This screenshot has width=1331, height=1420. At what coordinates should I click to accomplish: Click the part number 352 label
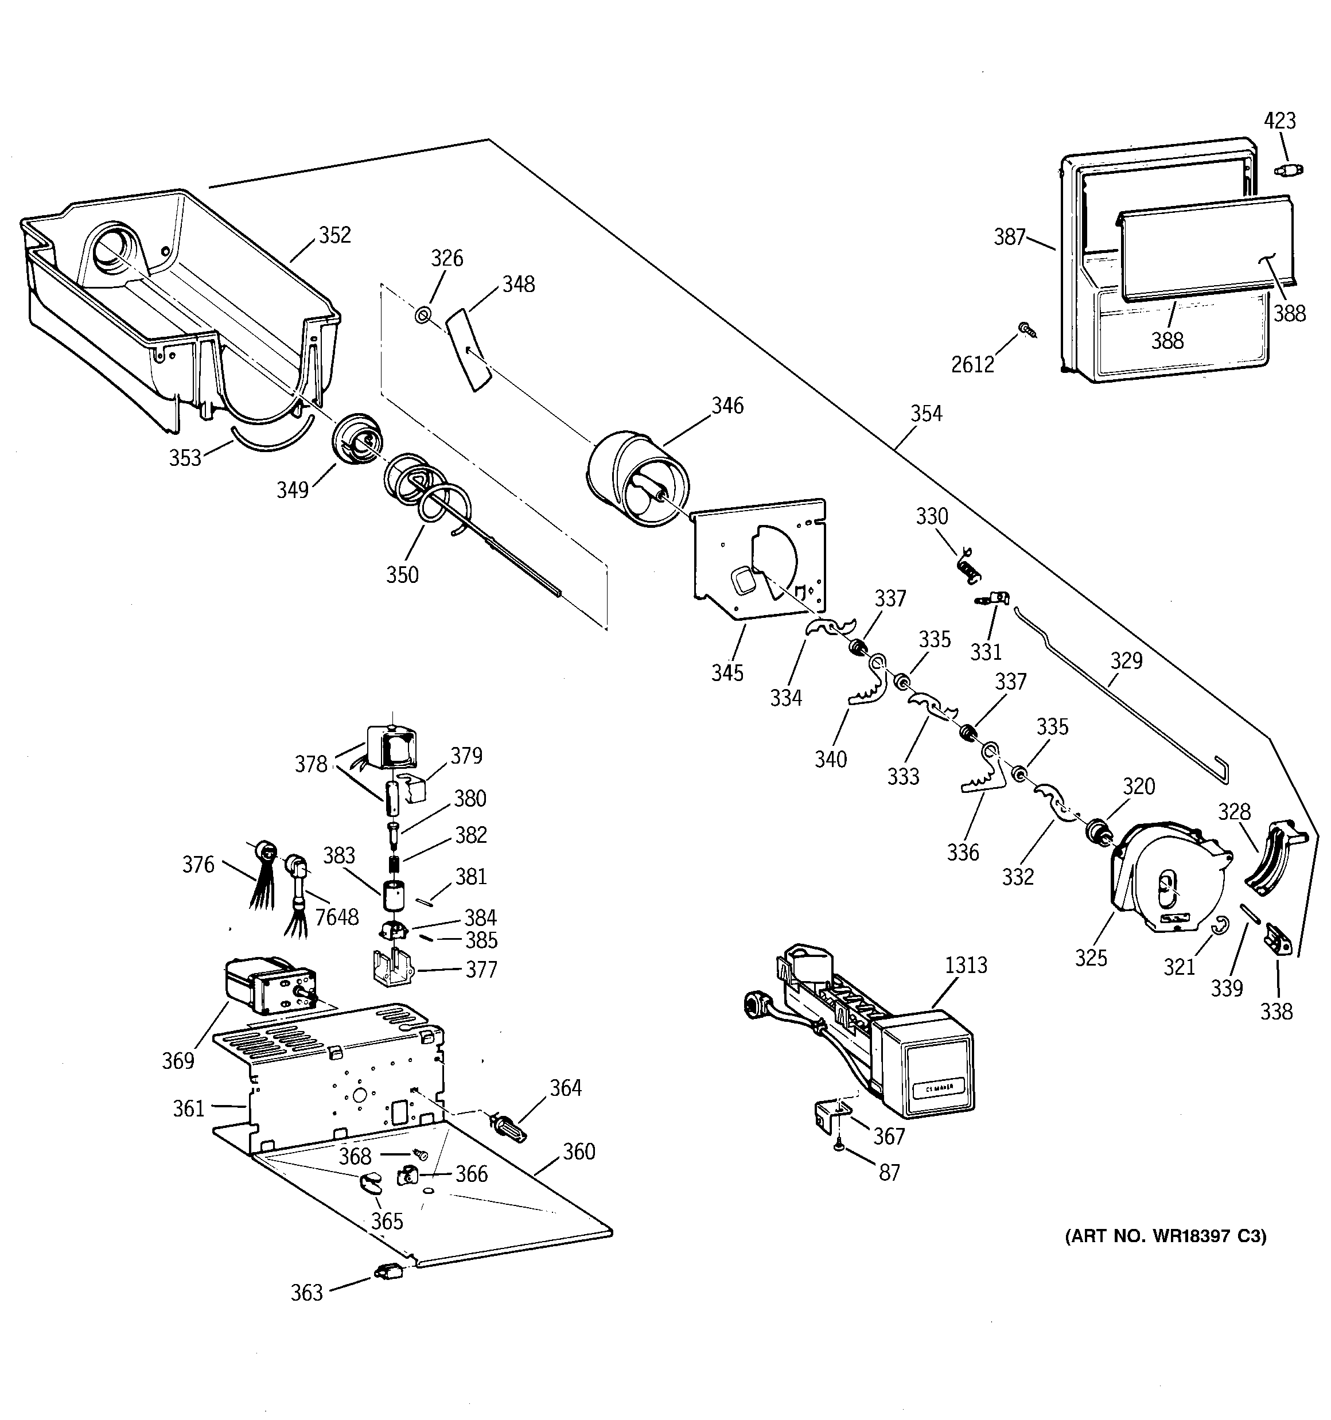[x=334, y=235]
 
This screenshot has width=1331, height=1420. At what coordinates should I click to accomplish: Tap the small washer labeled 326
[x=422, y=314]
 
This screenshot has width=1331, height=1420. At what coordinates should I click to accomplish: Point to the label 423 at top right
[x=1279, y=120]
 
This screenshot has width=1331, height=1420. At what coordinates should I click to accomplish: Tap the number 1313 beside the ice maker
[x=966, y=965]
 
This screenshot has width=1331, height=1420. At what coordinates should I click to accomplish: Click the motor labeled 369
[x=268, y=986]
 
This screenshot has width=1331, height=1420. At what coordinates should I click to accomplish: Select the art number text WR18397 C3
[x=1165, y=1236]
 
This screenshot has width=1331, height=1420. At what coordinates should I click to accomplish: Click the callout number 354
[x=926, y=414]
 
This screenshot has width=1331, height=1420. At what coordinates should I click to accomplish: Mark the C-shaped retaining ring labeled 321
[x=1221, y=924]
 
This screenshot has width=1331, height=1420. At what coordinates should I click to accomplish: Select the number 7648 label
[x=337, y=917]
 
